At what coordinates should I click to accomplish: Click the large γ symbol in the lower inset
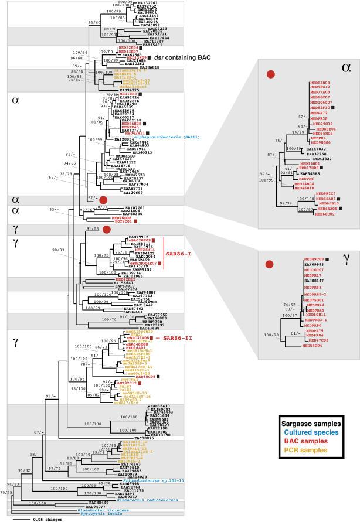click(347, 257)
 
